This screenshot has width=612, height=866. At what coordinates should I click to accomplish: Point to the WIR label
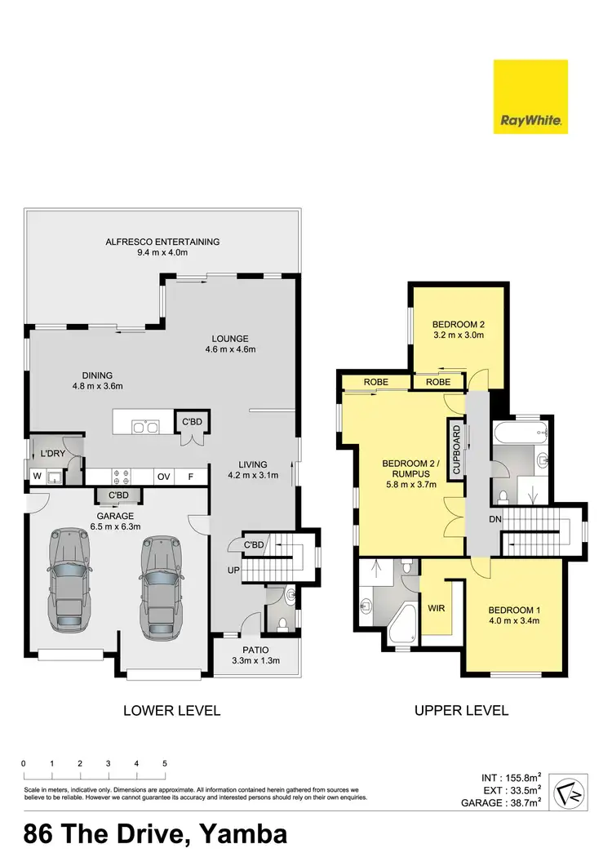[435, 608]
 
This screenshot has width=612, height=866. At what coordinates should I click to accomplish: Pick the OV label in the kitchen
[164, 477]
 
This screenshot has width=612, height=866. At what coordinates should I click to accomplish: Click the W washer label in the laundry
[36, 477]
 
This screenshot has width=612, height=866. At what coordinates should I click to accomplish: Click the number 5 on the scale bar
[165, 763]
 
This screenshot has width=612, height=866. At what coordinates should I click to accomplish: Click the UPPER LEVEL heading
[461, 711]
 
